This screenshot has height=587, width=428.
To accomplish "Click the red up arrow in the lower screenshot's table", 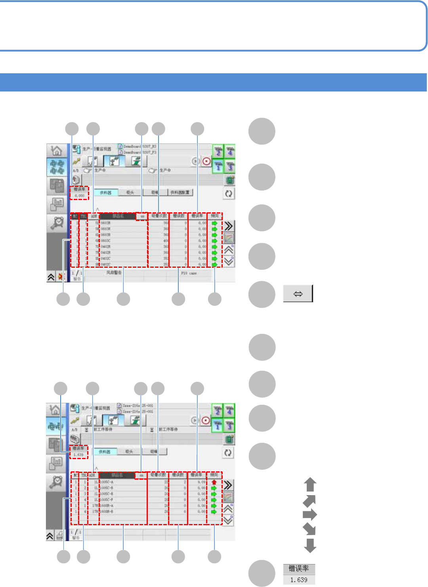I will (x=214, y=482).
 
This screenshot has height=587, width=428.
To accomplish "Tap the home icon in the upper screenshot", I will (x=57, y=151).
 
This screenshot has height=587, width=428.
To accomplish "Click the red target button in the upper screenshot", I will (x=206, y=162).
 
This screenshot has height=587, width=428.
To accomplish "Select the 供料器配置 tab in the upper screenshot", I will (x=181, y=192).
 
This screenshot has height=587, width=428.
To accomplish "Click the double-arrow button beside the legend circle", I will (x=298, y=293).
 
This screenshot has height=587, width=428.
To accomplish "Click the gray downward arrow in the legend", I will (x=310, y=545).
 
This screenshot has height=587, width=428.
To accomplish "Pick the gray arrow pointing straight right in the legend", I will (x=310, y=515).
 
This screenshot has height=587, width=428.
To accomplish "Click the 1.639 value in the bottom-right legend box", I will (x=299, y=580).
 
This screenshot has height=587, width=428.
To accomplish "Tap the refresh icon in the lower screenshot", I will (x=228, y=453).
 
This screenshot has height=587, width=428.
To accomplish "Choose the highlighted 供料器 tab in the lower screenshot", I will (x=105, y=452).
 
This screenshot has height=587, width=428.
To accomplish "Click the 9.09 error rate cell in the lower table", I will (x=202, y=482).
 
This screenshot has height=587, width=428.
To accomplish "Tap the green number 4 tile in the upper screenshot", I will (x=229, y=151).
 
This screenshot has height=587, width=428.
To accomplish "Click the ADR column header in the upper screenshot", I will (x=94, y=216).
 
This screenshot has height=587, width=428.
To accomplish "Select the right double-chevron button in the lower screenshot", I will (x=228, y=485).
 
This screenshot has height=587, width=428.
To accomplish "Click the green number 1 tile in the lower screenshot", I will (x=217, y=426).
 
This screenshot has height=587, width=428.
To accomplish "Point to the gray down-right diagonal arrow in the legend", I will (x=310, y=529).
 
